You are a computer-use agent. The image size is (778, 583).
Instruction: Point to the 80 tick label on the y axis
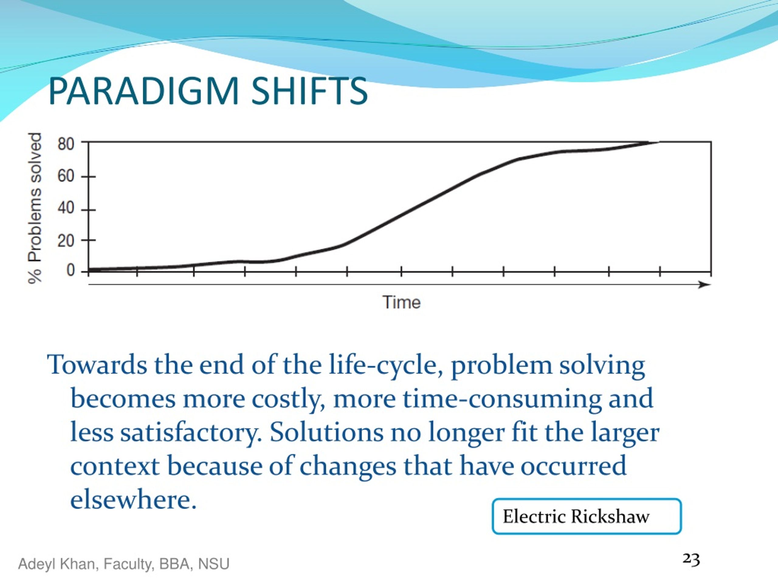(66, 144)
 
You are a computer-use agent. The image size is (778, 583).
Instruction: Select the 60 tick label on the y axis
(66, 176)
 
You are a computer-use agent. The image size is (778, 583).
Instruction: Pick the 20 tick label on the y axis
(66, 241)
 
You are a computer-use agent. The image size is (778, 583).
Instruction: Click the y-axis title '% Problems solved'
(35, 208)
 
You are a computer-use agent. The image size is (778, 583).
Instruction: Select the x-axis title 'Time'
(401, 302)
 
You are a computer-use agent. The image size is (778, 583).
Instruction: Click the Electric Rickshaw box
(587, 516)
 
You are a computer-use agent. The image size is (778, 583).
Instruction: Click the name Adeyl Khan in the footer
(58, 564)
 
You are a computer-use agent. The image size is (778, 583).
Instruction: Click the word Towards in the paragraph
(97, 365)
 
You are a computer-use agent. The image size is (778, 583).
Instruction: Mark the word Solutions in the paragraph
(327, 432)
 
